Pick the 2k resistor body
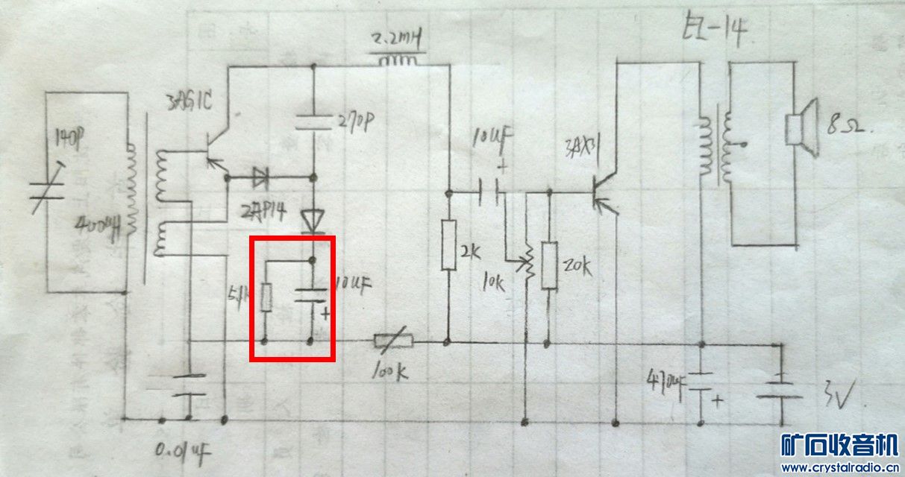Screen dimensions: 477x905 pyautogui.click(x=448, y=244)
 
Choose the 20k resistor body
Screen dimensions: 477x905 pyautogui.click(x=549, y=265)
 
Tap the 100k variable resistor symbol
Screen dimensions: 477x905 pyautogui.click(x=392, y=343)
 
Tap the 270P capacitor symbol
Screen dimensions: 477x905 pyautogui.click(x=313, y=122)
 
